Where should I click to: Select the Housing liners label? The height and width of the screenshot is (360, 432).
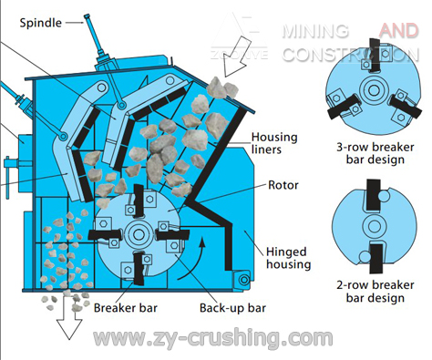274,144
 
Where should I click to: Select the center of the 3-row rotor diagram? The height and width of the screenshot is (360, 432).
373,89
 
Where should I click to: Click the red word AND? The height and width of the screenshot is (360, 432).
398,31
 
